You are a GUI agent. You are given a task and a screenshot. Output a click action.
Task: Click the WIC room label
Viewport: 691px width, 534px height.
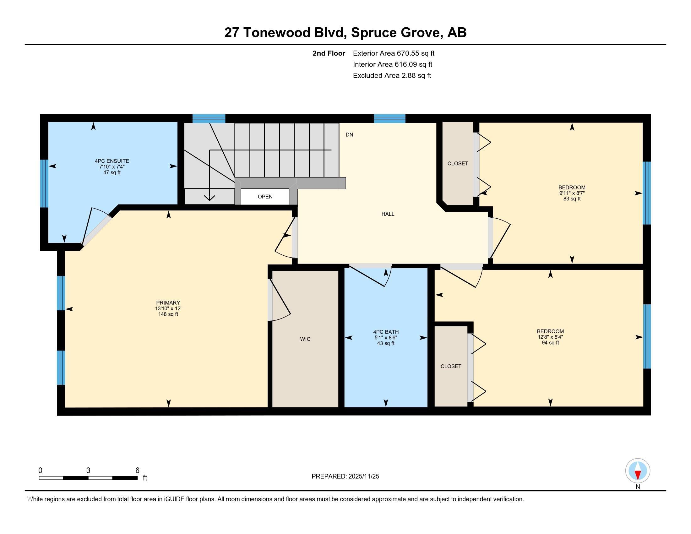click(x=305, y=339)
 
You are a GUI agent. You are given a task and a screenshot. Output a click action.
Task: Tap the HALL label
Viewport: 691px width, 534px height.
click(x=388, y=214)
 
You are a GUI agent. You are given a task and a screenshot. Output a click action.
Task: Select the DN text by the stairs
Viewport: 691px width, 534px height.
click(x=349, y=134)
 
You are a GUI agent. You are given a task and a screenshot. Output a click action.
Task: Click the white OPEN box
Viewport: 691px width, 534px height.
click(x=265, y=196)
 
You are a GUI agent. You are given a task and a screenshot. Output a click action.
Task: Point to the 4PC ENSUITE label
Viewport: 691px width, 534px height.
click(x=112, y=161)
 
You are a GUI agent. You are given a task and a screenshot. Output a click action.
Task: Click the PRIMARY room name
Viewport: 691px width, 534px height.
click(x=168, y=303)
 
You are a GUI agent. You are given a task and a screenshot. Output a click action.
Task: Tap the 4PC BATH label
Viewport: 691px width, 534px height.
click(x=386, y=332)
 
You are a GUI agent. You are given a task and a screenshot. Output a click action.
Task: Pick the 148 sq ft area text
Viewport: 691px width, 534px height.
click(x=168, y=314)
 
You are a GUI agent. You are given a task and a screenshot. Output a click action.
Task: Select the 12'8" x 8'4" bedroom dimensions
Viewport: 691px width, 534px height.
click(x=550, y=337)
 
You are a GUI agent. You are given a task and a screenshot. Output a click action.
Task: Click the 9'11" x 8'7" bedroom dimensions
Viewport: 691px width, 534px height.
click(x=572, y=193)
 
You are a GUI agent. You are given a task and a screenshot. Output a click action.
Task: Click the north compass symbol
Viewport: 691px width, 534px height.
click(x=638, y=471)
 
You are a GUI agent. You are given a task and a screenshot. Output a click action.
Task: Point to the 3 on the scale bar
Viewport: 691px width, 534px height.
click(x=88, y=471)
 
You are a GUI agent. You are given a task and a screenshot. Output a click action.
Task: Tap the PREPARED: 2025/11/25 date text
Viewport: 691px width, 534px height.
click(x=345, y=476)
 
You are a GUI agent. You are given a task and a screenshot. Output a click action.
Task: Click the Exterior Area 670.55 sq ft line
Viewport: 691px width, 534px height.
click(x=394, y=53)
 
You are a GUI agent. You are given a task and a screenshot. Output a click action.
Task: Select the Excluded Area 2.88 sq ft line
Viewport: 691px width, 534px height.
click(x=392, y=75)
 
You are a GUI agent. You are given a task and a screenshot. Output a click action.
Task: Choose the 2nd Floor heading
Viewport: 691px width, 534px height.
click(x=329, y=53)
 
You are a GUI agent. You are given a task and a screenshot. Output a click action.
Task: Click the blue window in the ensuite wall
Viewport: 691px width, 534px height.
click(x=44, y=183)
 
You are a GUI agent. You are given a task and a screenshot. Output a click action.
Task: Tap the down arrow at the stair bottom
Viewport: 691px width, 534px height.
click(x=209, y=197)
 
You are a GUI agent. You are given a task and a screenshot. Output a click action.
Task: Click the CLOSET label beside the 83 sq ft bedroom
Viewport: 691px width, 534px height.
click(x=458, y=163)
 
